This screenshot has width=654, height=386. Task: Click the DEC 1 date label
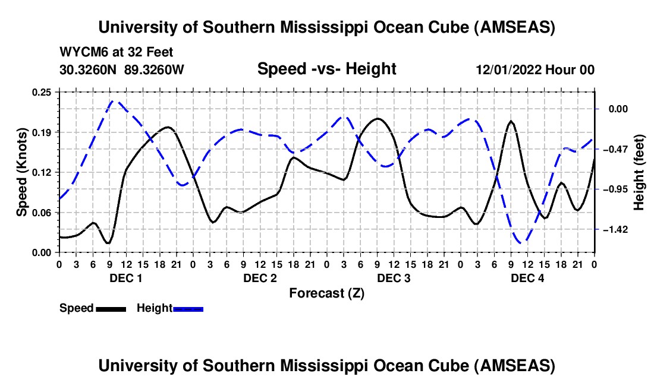point(125,278)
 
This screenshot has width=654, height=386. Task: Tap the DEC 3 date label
point(394,278)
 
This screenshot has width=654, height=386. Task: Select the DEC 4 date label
point(527,278)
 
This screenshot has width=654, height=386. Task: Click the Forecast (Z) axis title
point(326,293)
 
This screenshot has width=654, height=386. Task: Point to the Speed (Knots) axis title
point(22,172)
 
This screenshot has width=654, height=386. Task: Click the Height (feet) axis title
point(640,172)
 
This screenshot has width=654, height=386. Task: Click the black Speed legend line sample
point(111,308)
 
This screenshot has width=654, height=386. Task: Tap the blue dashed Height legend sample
point(188,308)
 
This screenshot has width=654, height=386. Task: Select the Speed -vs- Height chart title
point(326,69)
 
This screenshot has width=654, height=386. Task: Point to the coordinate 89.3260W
point(154,69)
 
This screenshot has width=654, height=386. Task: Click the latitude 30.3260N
point(89,69)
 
